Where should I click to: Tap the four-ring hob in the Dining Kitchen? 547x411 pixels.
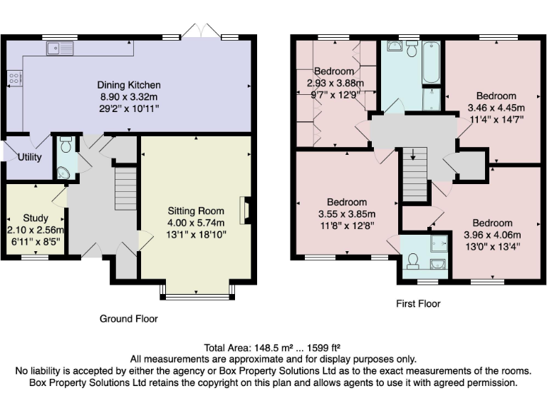(13, 79)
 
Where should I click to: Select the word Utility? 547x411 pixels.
(28, 157)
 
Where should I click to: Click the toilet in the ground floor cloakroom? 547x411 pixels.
(65, 146)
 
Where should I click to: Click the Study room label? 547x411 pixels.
(36, 218)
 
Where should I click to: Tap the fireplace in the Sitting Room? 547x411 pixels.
(246, 210)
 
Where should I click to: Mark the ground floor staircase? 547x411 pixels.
(125, 188)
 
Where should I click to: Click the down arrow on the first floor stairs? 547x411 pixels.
(412, 155)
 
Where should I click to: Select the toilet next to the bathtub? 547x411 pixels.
(411, 49)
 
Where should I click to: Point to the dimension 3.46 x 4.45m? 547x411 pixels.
(496, 108)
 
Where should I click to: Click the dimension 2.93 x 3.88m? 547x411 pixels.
(334, 83)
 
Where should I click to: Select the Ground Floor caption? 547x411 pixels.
(128, 319)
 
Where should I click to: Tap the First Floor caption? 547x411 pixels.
(418, 304)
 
